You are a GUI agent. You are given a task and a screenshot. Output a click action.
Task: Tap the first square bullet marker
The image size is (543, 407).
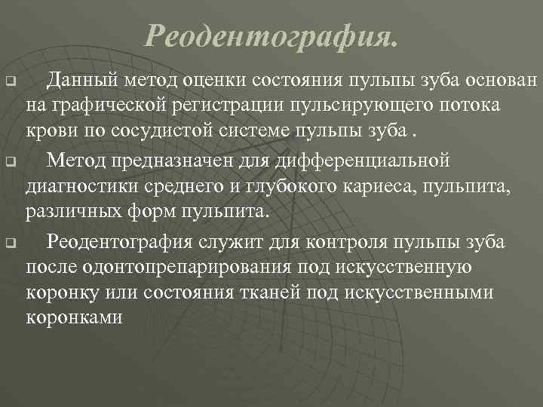(10, 79)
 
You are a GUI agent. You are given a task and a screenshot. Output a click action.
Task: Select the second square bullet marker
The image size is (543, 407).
(10, 161)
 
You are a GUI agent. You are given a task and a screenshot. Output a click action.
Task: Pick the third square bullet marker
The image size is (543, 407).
(10, 243)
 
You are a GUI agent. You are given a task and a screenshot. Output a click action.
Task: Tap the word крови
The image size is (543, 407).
(48, 133)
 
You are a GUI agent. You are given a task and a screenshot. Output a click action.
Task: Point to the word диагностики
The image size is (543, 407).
(75, 188)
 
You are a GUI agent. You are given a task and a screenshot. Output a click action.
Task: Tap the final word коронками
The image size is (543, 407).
(74, 317)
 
